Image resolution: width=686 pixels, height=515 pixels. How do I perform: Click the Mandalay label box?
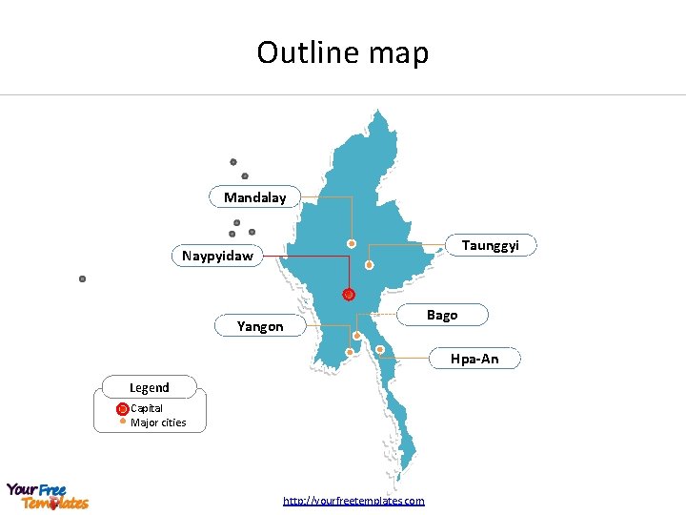click(254, 197)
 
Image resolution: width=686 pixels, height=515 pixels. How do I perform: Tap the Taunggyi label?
click(491, 246)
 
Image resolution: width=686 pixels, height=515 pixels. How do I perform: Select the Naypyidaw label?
click(218, 256)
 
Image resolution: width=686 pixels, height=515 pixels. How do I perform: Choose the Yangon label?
click(260, 326)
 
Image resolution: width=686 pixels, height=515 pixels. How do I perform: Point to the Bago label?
click(442, 315)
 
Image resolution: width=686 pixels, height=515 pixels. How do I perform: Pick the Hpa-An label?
click(474, 359)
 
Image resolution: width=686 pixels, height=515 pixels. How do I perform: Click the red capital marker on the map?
click(349, 295)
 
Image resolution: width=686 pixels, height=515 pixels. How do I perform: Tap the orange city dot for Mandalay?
click(352, 244)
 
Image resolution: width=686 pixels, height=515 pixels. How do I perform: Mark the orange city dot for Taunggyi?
click(370, 266)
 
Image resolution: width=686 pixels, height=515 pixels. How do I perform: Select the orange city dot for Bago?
click(357, 336)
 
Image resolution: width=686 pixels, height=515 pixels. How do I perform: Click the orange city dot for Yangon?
click(350, 353)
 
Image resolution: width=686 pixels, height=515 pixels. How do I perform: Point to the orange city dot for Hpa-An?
click(380, 350)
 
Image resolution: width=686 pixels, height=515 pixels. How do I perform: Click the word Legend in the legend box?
click(150, 387)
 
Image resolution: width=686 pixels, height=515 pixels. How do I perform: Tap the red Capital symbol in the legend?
click(122, 409)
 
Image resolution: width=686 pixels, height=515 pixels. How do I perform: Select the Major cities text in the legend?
click(158, 422)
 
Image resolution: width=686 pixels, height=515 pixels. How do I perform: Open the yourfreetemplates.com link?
click(353, 501)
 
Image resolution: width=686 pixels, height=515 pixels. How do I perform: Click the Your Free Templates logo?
click(48, 496)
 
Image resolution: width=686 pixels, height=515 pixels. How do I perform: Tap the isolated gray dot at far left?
click(83, 279)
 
